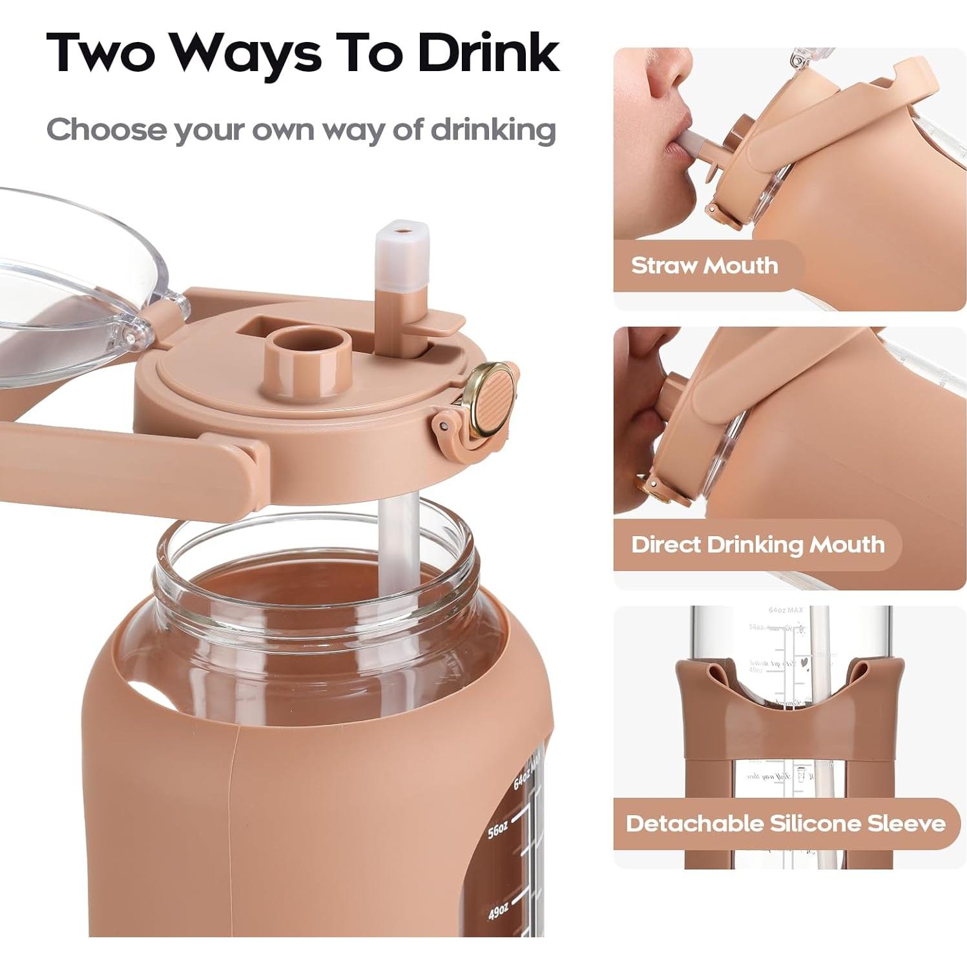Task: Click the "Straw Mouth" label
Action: (704, 265)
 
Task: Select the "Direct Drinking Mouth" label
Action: (757, 545)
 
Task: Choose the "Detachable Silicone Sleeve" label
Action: (785, 824)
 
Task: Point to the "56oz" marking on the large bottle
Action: (497, 829)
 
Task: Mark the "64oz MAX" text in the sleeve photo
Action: (785, 610)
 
